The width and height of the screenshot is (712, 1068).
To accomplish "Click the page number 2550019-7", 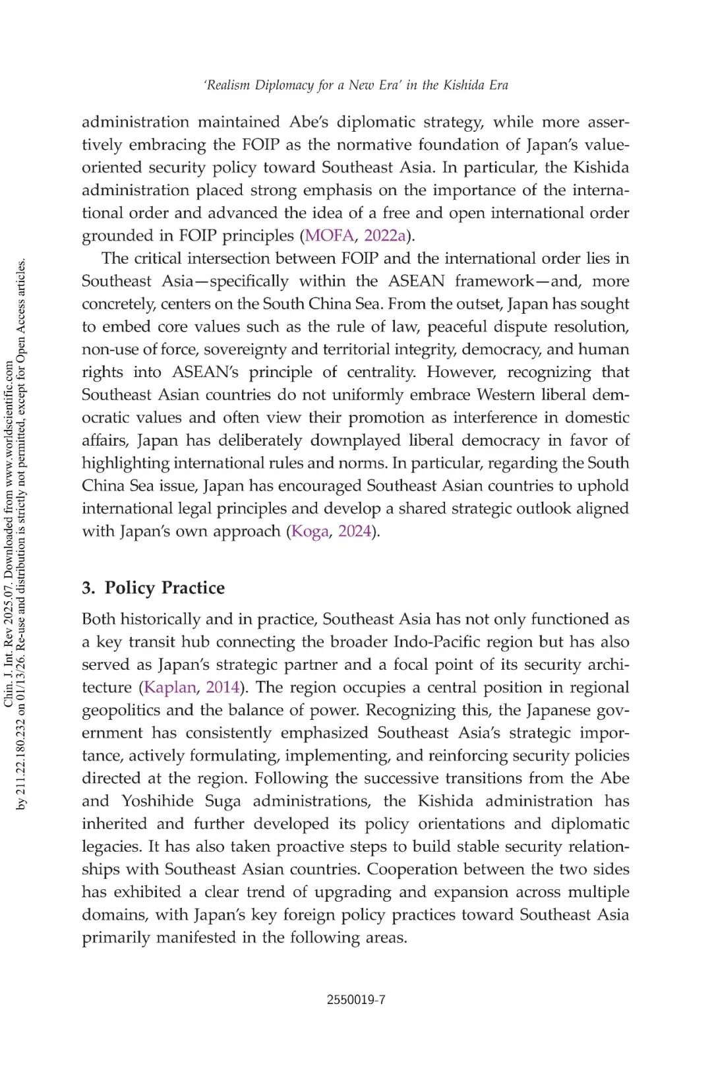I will tap(356, 999).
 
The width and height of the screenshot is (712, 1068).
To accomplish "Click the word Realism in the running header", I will tap(227, 85).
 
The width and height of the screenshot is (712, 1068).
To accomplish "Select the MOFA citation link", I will tap(329, 235).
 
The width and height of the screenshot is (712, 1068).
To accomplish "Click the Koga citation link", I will tap(310, 531).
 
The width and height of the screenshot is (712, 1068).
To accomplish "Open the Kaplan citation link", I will tap(170, 688).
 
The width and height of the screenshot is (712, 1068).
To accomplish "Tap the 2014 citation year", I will tap(222, 688).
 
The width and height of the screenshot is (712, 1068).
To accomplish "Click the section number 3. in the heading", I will tap(88, 588).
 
